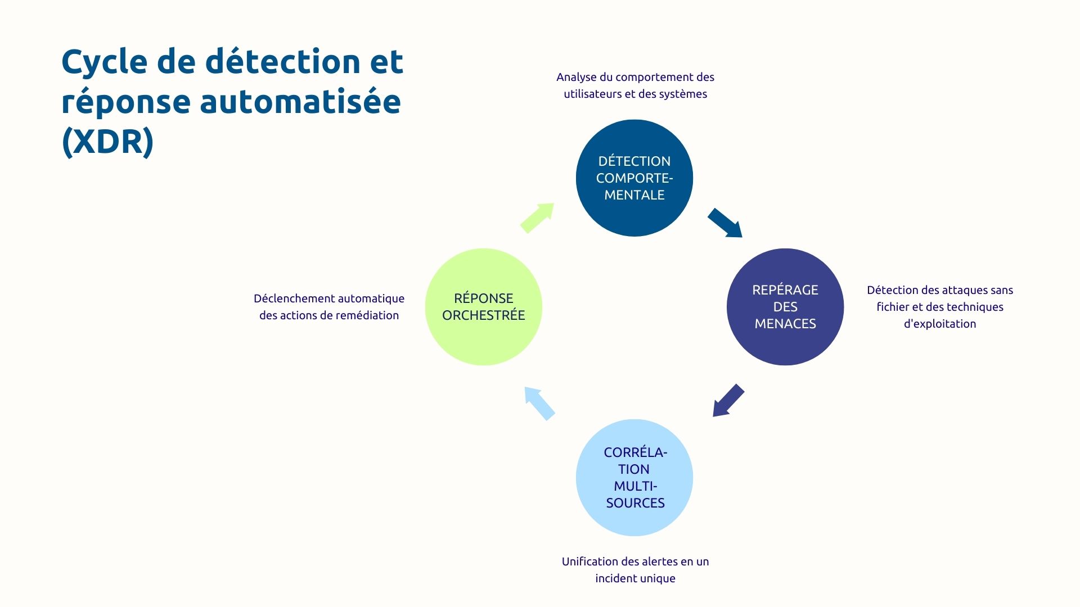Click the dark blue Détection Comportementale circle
click(x=634, y=178)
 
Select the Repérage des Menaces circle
click(x=785, y=307)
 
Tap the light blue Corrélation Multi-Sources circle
click(x=634, y=478)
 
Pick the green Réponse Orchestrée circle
click(x=483, y=307)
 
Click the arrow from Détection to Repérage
click(x=724, y=223)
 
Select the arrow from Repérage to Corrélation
click(x=728, y=401)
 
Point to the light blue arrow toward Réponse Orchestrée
click(x=539, y=403)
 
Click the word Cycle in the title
click(x=104, y=62)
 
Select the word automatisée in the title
click(x=300, y=102)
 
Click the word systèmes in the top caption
click(x=684, y=94)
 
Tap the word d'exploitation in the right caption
click(x=939, y=324)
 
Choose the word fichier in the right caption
click(x=892, y=307)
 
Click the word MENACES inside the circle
click(x=785, y=324)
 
